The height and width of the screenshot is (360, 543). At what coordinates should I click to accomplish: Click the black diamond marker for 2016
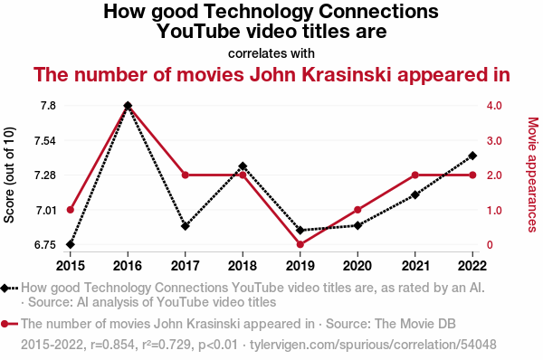pos(128,106)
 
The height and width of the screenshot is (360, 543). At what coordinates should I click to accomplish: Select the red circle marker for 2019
pos(300,244)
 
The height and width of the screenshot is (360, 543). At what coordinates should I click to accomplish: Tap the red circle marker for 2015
pos(71,210)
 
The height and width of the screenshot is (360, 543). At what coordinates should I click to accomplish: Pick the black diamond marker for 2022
pos(472,156)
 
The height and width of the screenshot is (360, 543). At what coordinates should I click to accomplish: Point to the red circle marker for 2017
pos(186,175)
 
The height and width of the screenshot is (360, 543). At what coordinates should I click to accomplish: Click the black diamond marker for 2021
pos(414,194)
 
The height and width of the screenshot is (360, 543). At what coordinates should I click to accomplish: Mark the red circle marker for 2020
pos(357,210)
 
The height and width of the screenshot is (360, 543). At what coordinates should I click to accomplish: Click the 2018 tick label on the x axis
pos(243,266)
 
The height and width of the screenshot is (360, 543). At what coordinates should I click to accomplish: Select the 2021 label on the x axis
pos(414,266)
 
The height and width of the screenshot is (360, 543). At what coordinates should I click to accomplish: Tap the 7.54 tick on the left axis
pos(45,140)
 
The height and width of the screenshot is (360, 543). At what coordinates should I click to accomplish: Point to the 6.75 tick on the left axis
pos(45,245)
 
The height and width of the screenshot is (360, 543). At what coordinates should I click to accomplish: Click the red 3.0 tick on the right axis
pos(494,140)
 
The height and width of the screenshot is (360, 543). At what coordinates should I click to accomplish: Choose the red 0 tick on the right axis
pos(490,245)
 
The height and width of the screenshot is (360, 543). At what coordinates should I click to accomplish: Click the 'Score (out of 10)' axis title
pos(9,175)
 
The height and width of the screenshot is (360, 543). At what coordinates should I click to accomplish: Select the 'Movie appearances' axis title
pos(533,175)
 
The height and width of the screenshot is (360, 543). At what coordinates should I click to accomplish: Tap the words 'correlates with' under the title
pos(271,53)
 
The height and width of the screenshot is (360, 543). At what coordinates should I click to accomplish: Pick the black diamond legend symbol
pos(5,288)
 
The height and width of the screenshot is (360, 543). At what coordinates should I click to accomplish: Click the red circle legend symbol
pos(5,324)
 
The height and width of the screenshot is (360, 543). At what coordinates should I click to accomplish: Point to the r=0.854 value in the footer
pos(113,345)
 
